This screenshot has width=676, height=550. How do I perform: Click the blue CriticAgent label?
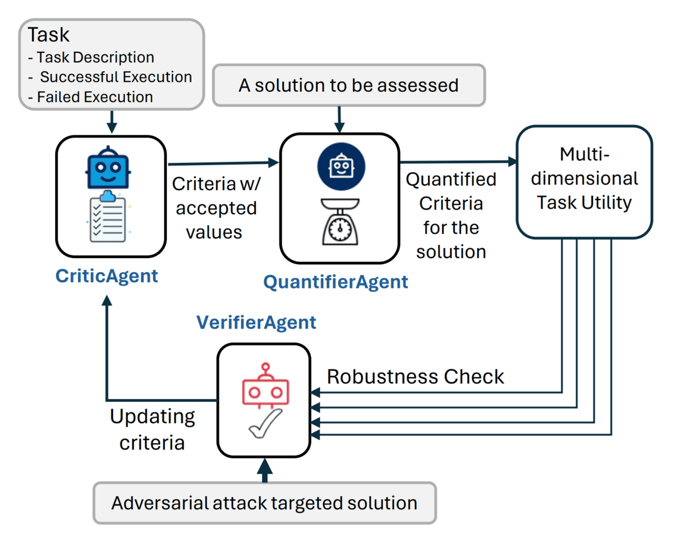click(106, 277)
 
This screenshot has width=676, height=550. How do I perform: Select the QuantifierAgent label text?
click(336, 282)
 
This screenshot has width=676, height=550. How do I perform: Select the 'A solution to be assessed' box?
click(348, 86)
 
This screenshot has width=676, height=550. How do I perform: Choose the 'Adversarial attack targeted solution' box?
click(264, 503)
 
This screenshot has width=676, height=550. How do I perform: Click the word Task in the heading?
click(48, 35)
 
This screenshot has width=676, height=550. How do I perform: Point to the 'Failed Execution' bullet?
click(95, 97)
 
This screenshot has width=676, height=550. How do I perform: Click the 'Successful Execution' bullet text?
click(115, 77)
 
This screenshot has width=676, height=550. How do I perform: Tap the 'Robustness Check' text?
click(415, 376)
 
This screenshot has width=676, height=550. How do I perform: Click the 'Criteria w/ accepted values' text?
click(214, 208)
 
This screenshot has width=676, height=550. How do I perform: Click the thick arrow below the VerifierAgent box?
click(265, 470)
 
